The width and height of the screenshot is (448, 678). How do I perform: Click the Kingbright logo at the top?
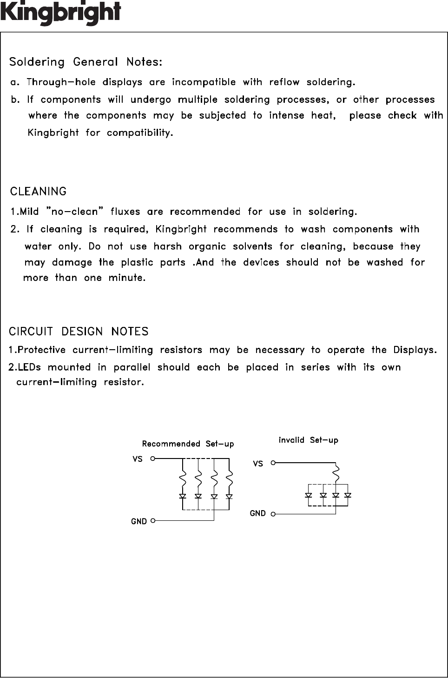tap(60, 13)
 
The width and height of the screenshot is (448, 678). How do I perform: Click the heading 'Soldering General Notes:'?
tap(86, 62)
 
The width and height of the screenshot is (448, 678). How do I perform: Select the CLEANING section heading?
tap(38, 192)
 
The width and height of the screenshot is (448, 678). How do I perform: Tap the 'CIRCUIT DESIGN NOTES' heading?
tap(79, 332)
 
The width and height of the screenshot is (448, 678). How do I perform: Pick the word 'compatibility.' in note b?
tap(140, 133)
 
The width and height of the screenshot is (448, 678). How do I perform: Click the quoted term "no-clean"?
tap(74, 212)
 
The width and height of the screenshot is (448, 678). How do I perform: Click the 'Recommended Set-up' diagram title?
tap(188, 444)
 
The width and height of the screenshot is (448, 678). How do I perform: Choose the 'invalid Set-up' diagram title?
tap(308, 440)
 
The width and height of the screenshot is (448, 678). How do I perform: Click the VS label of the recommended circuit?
tap(138, 459)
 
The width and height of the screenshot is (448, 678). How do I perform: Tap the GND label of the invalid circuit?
tap(257, 513)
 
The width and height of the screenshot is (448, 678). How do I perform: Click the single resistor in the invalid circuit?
tap(336, 473)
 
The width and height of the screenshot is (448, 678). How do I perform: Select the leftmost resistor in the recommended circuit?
tap(183, 479)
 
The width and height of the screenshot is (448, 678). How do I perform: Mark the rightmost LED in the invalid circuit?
tap(348, 495)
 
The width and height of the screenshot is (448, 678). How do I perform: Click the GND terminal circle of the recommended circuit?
tap(153, 521)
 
